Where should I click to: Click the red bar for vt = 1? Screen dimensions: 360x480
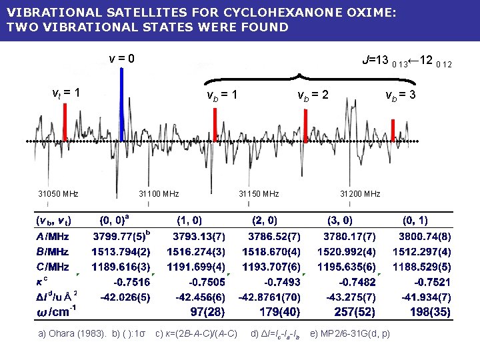65,123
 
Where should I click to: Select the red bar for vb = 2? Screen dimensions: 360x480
305,125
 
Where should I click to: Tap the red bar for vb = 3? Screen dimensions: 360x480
393,130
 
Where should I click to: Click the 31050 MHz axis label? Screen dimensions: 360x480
58,194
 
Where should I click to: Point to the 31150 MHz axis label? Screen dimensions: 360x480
259,194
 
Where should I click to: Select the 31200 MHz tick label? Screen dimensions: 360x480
360,194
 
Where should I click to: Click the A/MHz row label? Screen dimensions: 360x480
53,236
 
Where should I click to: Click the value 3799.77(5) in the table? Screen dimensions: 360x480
121,236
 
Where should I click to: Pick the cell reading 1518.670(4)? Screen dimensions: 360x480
274,251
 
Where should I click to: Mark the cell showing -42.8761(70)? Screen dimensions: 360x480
269,297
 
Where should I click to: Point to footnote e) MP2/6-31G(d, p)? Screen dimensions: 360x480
350,333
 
